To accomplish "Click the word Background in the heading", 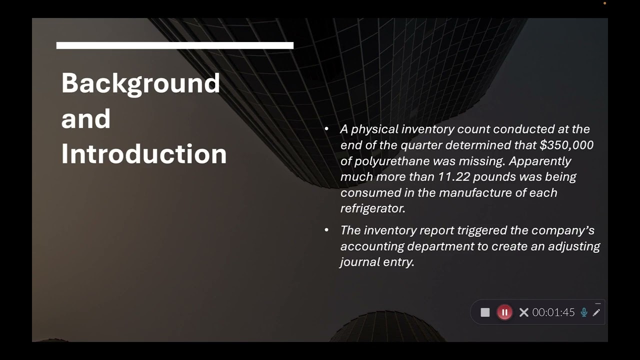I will (140, 83).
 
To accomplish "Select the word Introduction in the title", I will (144, 154).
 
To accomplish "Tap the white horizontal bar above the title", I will (174, 45).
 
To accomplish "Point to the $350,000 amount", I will (566, 145).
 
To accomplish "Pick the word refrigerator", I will (372, 208).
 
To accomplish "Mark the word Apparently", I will (540, 161).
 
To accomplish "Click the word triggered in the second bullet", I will (482, 230).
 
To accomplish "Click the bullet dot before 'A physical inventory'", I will (326, 129).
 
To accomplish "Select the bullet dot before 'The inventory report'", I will (326, 230).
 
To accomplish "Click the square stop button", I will (485, 312).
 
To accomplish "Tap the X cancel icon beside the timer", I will (523, 312).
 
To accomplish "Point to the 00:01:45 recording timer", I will (553, 312).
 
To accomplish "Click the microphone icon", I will (583, 312).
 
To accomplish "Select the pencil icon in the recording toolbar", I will (596, 312).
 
